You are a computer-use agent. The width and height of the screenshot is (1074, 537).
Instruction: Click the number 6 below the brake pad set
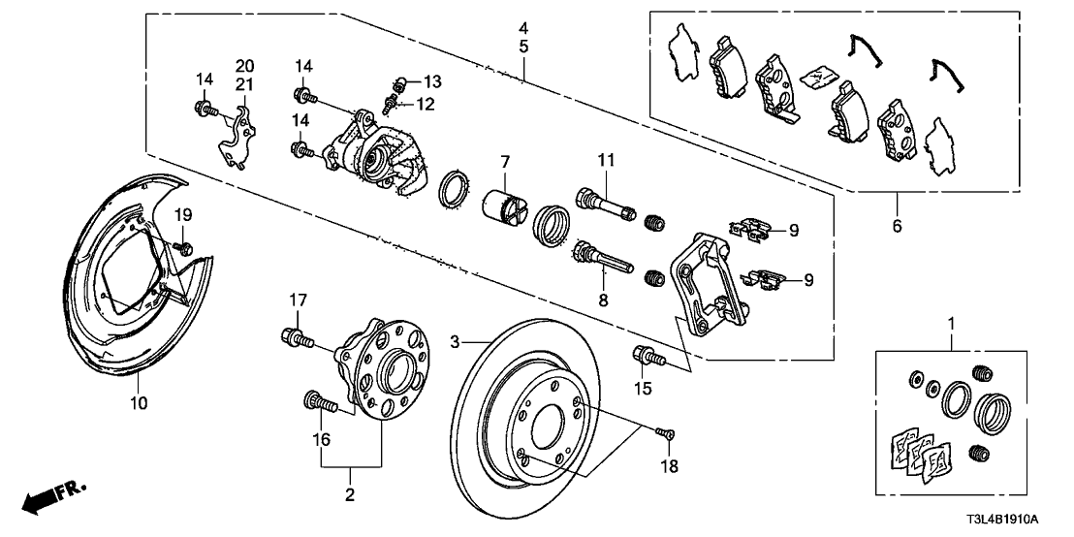[x=896, y=226]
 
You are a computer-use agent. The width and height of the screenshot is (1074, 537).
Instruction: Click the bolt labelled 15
[x=648, y=357]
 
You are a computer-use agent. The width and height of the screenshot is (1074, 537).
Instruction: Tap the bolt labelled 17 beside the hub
[x=296, y=338]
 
